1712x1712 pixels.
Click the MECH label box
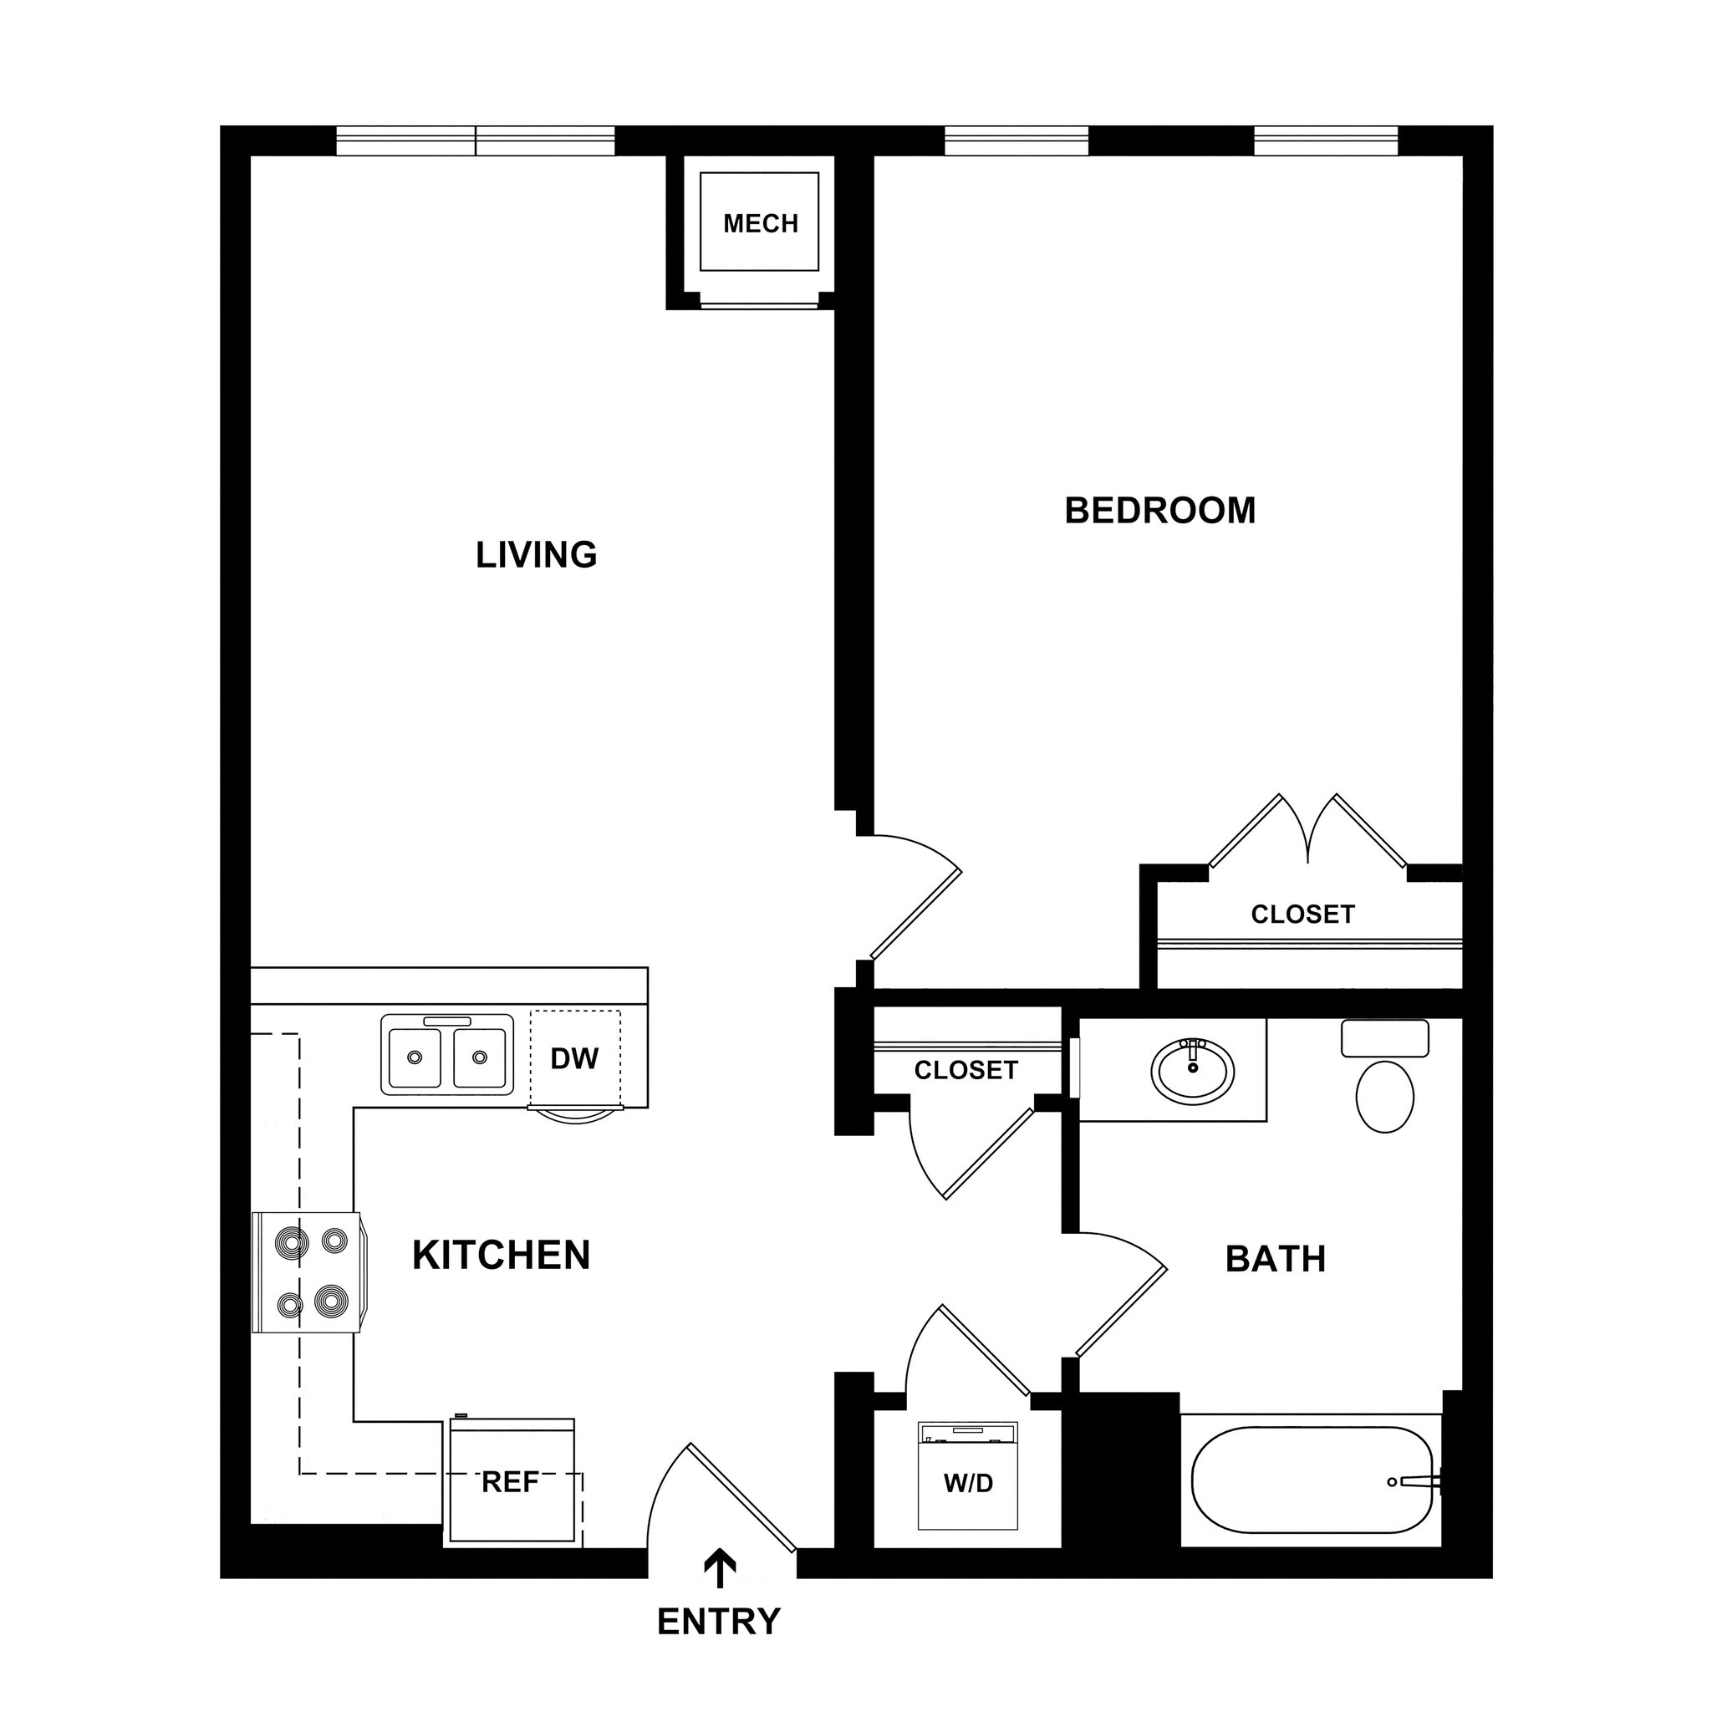pos(759,223)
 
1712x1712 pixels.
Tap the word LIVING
pos(536,556)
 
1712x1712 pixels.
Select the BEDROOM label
pos(1160,512)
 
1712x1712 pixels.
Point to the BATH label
pos(1275,1259)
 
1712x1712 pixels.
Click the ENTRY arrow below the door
pos(719,1569)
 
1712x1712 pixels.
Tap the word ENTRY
pos(719,1623)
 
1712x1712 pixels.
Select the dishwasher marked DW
pos(575,1058)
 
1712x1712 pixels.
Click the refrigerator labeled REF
pos(512,1482)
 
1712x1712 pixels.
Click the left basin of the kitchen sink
pos(414,1057)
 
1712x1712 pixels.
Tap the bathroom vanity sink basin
pos(1193,1072)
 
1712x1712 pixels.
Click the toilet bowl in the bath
pos(1384,1096)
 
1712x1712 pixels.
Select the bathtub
pos(1312,1480)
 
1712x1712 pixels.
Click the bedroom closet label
pos(1302,915)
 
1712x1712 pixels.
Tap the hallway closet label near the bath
pos(966,1071)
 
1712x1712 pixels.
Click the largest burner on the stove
pos(330,1302)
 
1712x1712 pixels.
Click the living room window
pos(476,141)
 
